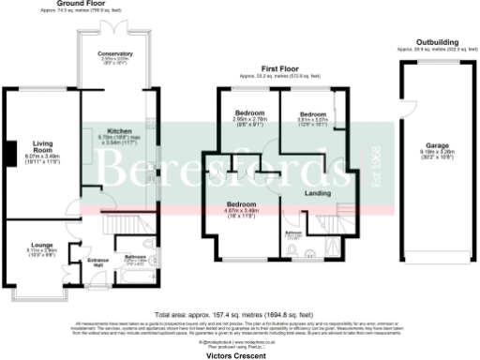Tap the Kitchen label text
coord(119,129)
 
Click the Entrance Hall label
coord(97,261)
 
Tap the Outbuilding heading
coord(436,43)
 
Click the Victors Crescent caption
coord(239,356)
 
